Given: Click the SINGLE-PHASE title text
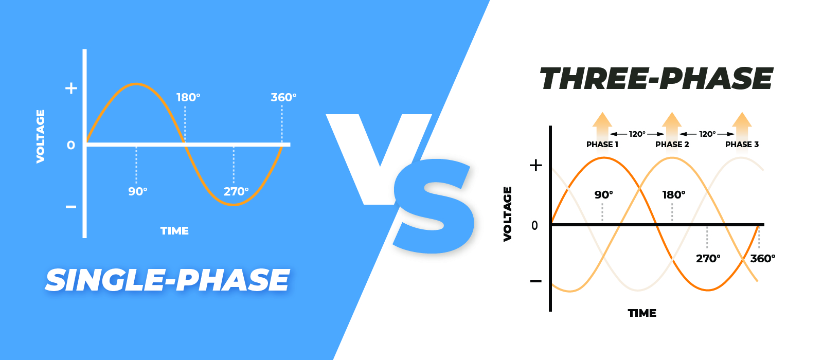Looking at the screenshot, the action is click(x=168, y=280).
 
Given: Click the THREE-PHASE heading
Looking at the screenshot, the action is click(x=656, y=78).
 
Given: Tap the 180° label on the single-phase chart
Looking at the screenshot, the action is click(x=188, y=97).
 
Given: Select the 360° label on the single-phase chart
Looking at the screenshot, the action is click(x=283, y=97).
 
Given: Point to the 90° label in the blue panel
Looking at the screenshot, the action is click(x=138, y=191).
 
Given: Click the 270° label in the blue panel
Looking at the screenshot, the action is click(x=236, y=191).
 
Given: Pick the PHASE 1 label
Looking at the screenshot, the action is click(x=602, y=145).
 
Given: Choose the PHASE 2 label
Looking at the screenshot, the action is click(x=672, y=145).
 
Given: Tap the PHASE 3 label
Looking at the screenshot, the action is click(x=742, y=145).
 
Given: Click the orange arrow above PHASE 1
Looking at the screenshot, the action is click(x=602, y=125).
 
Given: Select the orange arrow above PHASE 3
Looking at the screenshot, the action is click(x=742, y=125).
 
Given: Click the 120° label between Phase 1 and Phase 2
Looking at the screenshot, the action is click(x=637, y=134).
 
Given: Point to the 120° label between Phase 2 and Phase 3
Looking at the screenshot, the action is click(x=707, y=134).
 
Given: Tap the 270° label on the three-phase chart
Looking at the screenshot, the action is click(x=708, y=259).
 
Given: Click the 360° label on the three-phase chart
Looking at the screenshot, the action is click(x=763, y=259).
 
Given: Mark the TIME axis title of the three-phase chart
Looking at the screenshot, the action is click(x=642, y=313).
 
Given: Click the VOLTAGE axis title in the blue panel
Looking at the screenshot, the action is click(x=41, y=136).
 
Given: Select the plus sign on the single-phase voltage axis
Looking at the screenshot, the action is click(x=71, y=88).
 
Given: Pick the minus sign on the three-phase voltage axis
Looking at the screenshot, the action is click(x=535, y=281).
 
